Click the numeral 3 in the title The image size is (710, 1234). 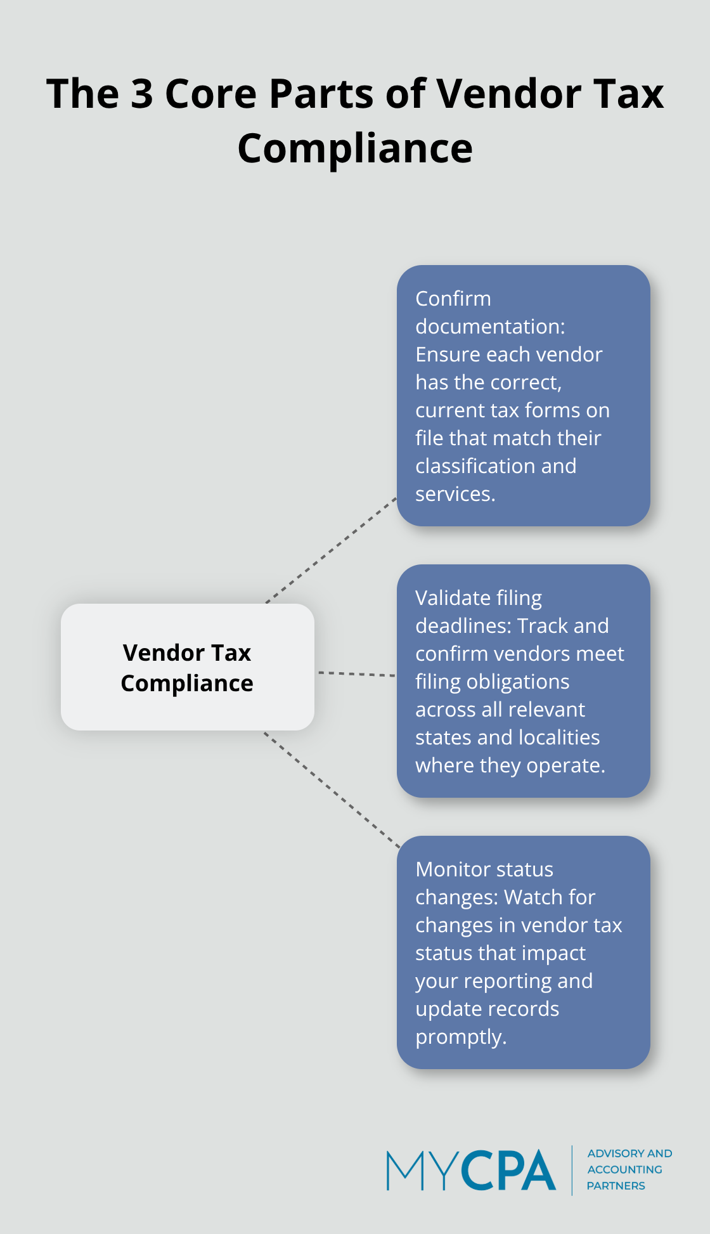point(142,94)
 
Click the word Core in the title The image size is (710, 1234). point(210,94)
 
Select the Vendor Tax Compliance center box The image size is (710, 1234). point(187,667)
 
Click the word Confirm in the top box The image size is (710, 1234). point(453,299)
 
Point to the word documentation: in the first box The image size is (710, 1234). point(489,327)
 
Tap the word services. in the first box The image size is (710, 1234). point(455,494)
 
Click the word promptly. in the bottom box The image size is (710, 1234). point(460,1037)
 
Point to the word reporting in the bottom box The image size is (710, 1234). point(495,981)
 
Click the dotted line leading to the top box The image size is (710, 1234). point(331,550)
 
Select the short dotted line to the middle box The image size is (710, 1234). point(356,673)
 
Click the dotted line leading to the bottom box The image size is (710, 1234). point(332,790)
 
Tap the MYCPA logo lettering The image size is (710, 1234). point(470,1170)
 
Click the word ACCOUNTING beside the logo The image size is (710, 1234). point(624,1169)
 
